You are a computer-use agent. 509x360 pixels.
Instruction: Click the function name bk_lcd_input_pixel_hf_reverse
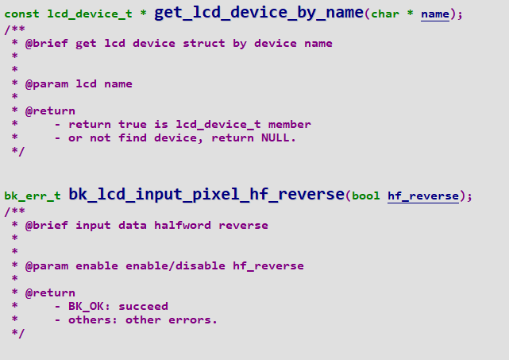click(206, 195)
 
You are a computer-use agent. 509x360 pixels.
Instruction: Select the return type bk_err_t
click(32, 196)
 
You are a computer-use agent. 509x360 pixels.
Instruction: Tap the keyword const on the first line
click(21, 14)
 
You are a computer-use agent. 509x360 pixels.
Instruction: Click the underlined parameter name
click(434, 14)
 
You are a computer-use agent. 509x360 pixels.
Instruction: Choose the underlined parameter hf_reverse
click(423, 196)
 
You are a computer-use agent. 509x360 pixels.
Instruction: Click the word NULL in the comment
click(278, 137)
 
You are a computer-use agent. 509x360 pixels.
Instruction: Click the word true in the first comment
click(133, 124)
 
